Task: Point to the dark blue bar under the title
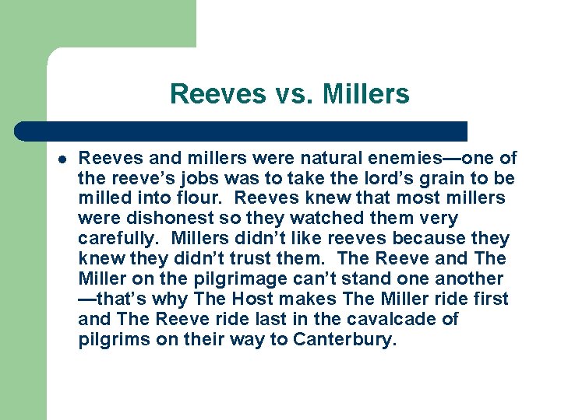242,131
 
